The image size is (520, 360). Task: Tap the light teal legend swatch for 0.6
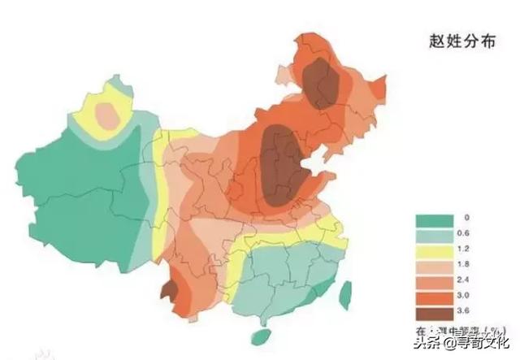[x=433, y=236]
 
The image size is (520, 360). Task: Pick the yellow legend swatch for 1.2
[x=433, y=252]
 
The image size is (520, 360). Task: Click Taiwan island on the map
[x=344, y=293]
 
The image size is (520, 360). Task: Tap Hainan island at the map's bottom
[x=259, y=336]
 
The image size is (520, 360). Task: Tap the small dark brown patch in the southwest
[x=168, y=290]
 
